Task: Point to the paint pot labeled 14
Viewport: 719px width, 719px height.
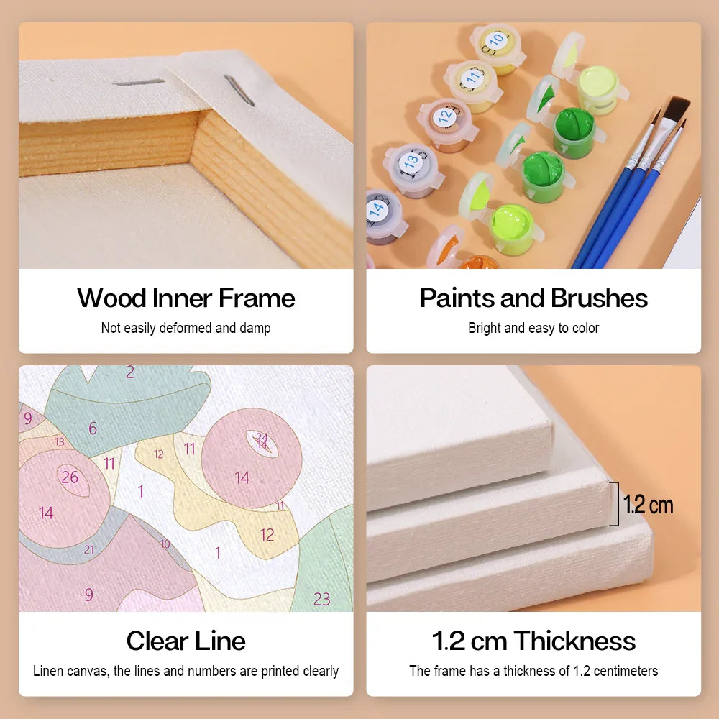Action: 384,216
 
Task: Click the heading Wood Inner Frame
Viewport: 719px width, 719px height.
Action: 186,298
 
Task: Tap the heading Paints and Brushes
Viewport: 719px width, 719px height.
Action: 533,298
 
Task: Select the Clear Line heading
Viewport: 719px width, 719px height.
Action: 186,641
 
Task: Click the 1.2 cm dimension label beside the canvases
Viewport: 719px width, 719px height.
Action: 648,505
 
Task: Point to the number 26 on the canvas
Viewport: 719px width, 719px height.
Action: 70,477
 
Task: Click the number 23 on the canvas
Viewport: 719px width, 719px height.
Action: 321,599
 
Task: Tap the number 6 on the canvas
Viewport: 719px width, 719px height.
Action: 93,429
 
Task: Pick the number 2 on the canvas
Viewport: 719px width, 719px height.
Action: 130,372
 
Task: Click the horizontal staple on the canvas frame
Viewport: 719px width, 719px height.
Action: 139,83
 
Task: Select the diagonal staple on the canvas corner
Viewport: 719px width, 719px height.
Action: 239,91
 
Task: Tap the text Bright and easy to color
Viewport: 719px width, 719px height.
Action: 533,329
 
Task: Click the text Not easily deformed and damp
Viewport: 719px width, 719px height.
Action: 186,329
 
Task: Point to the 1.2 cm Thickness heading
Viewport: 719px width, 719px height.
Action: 533,641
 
